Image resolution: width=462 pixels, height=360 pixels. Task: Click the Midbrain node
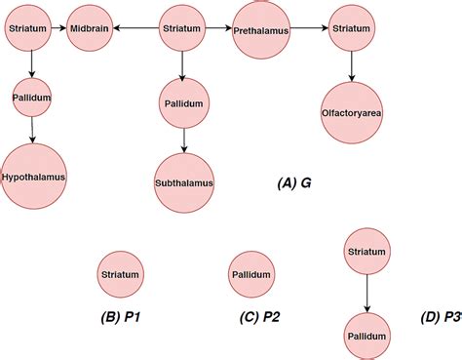pos(91,30)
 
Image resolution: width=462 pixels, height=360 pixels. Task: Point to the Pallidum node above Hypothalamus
pos(32,99)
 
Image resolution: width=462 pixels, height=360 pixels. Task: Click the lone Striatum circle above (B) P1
pos(122,275)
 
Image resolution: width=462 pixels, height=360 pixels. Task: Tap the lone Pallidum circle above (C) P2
pos(250,275)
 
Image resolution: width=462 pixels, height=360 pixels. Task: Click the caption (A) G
pos(293,182)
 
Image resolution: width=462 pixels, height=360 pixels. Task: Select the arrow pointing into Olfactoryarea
pos(351,66)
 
